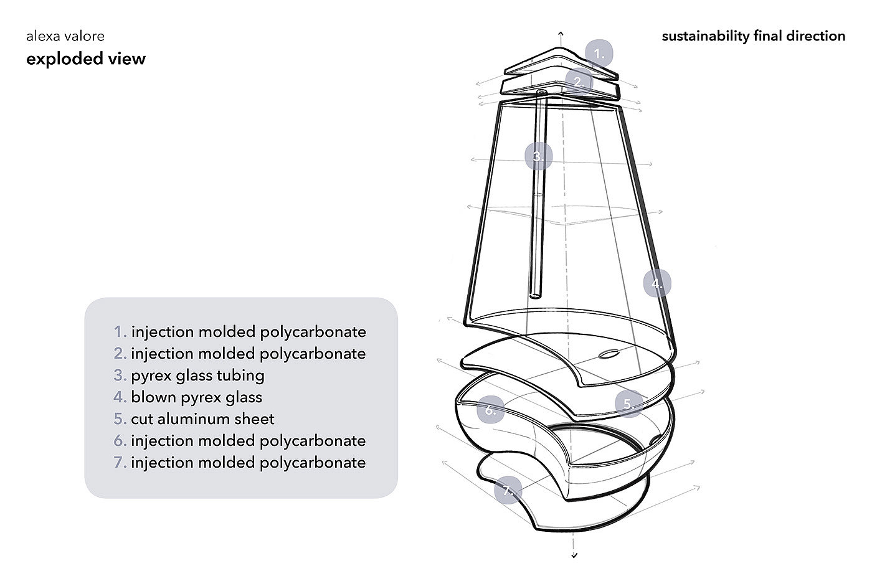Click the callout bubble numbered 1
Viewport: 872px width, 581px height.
point(599,54)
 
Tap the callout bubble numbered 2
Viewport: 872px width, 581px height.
point(579,82)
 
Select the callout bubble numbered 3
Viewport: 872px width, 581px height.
point(538,156)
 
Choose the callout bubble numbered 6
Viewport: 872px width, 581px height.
point(491,410)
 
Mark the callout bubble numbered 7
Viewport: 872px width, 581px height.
point(508,491)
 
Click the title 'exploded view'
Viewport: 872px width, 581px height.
point(86,59)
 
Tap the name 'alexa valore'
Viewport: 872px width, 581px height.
point(65,36)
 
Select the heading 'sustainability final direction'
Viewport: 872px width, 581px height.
point(753,36)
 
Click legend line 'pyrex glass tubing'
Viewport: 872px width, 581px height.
point(197,376)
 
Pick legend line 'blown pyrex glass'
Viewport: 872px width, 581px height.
point(196,397)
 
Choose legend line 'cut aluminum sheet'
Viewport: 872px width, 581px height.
point(202,419)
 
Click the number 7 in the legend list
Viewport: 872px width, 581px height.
point(120,463)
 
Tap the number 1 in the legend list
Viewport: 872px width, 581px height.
point(120,332)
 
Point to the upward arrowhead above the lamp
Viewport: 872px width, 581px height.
point(561,33)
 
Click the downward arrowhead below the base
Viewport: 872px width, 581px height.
point(574,555)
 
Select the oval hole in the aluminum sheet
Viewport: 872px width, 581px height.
point(609,355)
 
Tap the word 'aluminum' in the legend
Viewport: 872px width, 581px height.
point(200,419)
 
